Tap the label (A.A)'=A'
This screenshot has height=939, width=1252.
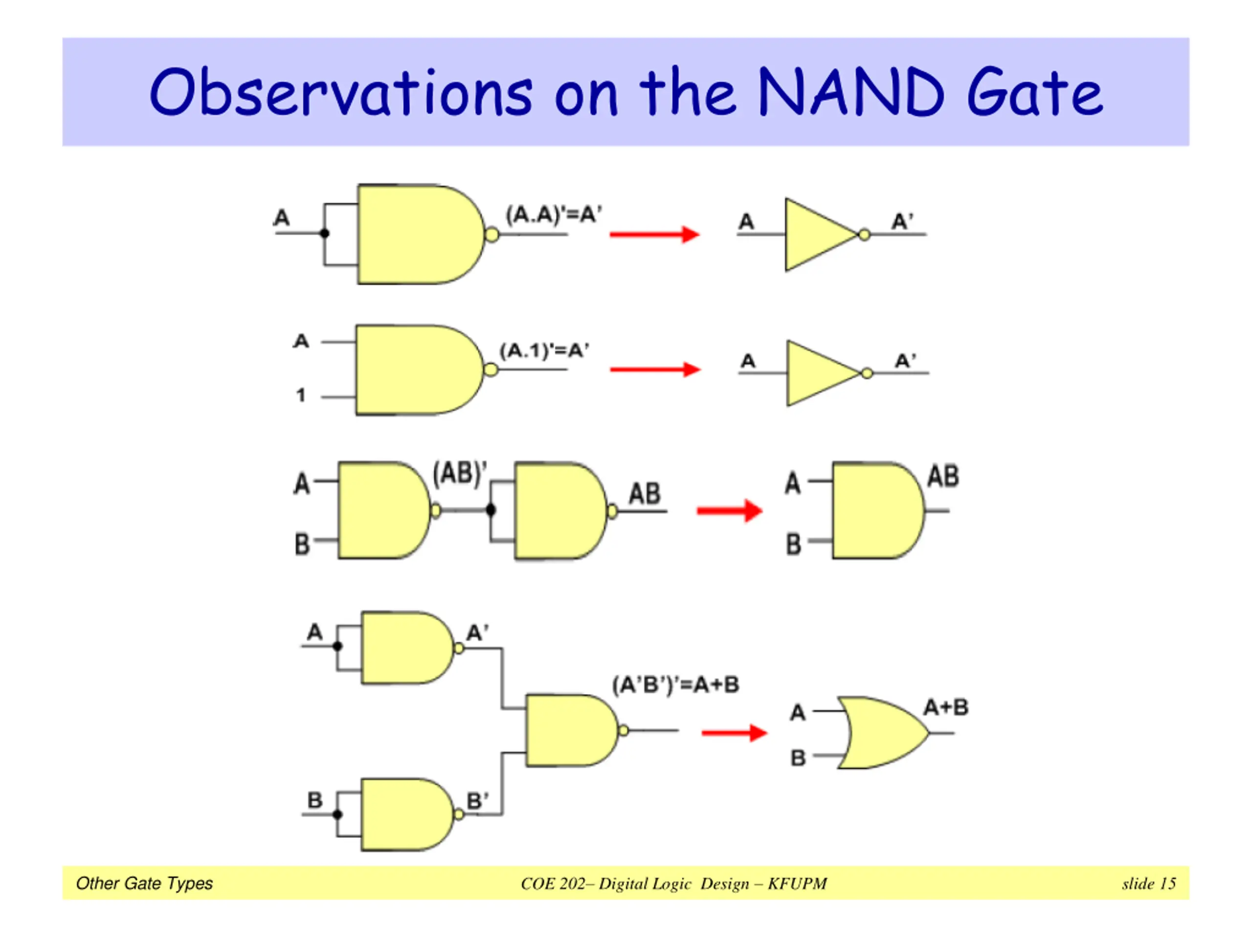point(554,215)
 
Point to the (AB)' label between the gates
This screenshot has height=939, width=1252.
point(460,474)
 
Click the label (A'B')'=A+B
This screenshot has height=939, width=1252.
point(676,685)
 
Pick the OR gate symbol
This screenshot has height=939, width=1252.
point(882,733)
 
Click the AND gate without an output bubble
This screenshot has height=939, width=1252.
point(878,511)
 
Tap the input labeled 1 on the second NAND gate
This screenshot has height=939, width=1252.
point(301,395)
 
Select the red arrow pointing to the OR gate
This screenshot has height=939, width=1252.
point(734,733)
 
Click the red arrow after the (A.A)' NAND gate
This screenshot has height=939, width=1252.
point(654,234)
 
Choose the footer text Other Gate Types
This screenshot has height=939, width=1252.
point(144,884)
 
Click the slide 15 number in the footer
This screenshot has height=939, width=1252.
point(1149,884)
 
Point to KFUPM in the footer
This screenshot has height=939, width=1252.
point(797,884)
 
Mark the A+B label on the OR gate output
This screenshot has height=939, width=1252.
point(946,707)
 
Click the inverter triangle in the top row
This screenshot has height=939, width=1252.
point(821,234)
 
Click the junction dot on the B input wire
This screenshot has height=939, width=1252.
point(337,814)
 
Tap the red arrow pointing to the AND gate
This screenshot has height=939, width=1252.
point(730,511)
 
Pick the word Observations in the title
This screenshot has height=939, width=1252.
point(341,92)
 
